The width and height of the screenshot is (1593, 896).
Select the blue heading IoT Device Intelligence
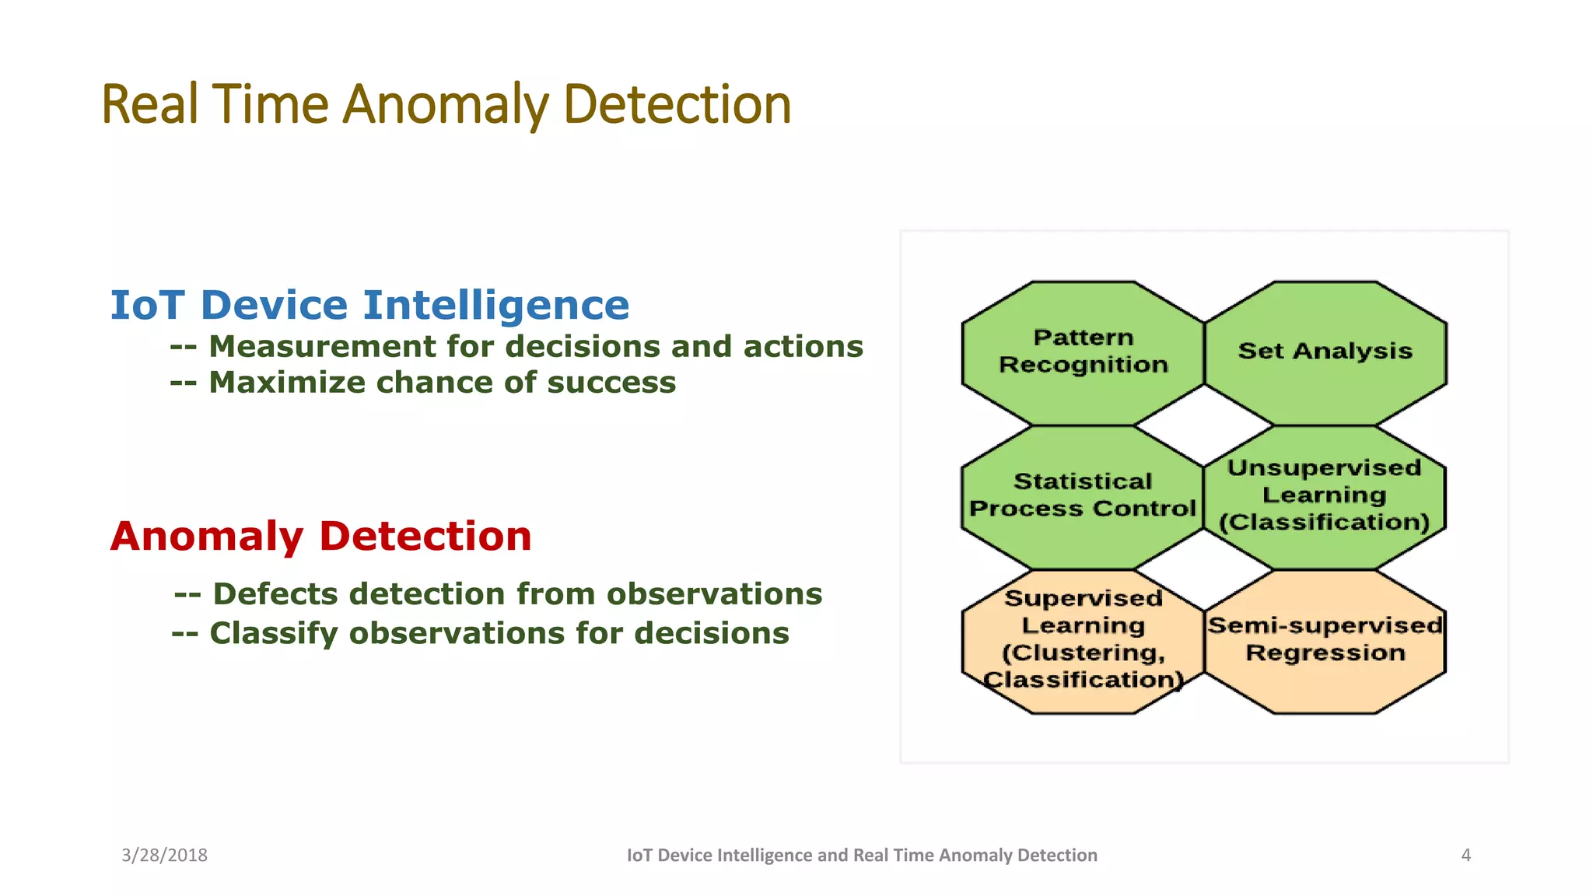pyautogui.click(x=369, y=305)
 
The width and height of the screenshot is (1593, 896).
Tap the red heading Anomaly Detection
pyautogui.click(x=320, y=537)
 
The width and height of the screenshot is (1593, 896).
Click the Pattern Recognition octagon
pyautogui.click(x=1083, y=352)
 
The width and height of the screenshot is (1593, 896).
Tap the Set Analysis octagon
pyautogui.click(x=1325, y=352)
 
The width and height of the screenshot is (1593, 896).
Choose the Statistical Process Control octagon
pyautogui.click(x=1083, y=495)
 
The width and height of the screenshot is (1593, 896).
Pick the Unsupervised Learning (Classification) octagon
pyautogui.click(x=1325, y=495)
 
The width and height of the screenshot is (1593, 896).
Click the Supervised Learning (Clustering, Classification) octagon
pyautogui.click(x=1083, y=639)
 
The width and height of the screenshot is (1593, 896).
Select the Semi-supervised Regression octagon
pyautogui.click(x=1325, y=639)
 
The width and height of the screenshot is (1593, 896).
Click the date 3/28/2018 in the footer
pyautogui.click(x=164, y=856)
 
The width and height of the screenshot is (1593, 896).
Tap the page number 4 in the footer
pyautogui.click(x=1465, y=856)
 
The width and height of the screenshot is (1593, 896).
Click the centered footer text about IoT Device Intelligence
pyautogui.click(x=862, y=856)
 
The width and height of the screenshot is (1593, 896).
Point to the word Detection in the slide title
pyautogui.click(x=677, y=105)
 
